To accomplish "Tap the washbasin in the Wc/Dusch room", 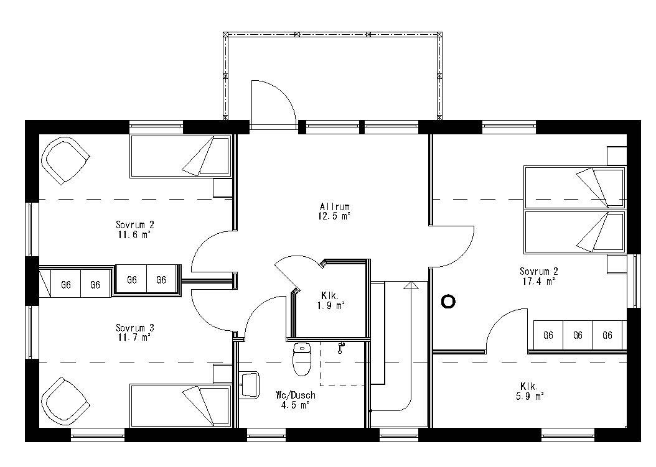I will (249, 384).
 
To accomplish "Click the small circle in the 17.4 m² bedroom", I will (448, 302).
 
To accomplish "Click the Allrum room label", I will (335, 207).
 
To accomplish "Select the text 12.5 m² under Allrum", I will (335, 216).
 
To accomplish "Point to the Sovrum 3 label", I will (134, 328).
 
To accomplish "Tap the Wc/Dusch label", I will (296, 395).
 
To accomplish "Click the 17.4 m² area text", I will (538, 281).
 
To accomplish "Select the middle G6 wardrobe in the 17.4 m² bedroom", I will (578, 336).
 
